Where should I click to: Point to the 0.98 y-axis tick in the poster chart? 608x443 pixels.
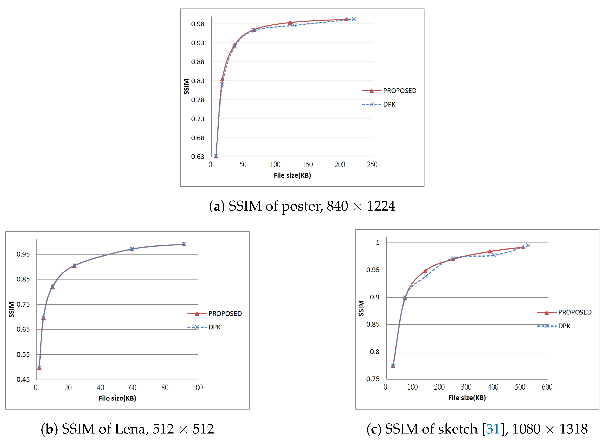[198, 24]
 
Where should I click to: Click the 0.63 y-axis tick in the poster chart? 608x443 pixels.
[198, 157]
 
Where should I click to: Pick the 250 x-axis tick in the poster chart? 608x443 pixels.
[372, 165]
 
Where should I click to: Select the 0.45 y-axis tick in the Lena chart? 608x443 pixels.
[23, 380]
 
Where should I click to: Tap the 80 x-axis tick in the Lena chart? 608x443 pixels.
[165, 388]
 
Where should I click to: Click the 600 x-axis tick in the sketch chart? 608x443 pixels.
[547, 387]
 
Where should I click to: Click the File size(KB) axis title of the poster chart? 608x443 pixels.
[292, 176]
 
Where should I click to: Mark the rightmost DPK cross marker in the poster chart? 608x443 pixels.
[354, 19]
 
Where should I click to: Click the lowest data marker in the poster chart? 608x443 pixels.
[216, 156]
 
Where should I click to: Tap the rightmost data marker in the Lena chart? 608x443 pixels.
[184, 244]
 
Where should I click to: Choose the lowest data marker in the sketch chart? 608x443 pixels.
[393, 366]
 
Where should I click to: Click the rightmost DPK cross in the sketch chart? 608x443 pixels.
[528, 245]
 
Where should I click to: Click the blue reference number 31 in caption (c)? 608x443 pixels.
[493, 429]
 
